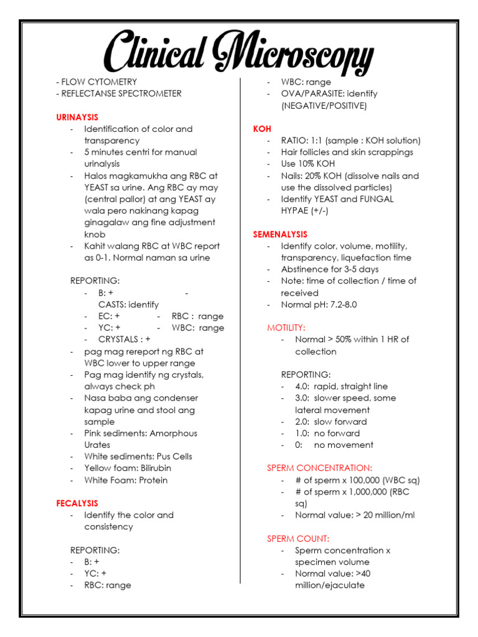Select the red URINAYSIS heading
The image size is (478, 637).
(x=77, y=117)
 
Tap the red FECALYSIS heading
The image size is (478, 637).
(x=77, y=503)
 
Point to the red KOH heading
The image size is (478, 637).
(x=262, y=129)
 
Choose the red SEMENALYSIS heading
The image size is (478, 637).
(x=280, y=235)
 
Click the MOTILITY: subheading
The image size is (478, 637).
(x=286, y=327)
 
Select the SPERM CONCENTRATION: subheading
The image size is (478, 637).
(x=319, y=468)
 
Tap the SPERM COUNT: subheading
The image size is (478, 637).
(x=298, y=539)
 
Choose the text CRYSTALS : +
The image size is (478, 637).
(x=124, y=339)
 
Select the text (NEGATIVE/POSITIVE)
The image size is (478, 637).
(x=324, y=105)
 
